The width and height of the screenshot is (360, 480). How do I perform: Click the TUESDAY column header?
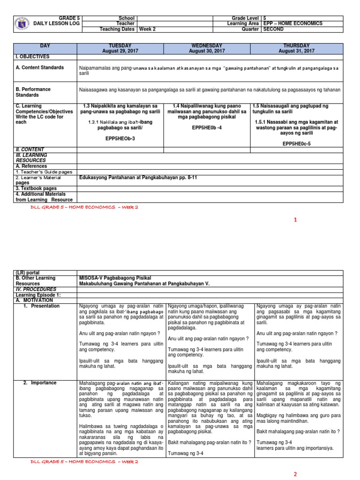(120, 48)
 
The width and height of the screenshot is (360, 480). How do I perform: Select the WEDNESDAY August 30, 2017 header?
(207, 48)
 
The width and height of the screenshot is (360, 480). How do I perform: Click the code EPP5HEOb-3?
(120, 139)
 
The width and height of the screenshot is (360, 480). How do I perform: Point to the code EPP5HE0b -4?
(207, 127)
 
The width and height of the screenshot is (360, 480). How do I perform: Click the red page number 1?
(295, 220)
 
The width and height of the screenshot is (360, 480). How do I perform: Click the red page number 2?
(295, 474)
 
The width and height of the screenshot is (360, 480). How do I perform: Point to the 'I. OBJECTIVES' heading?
(32, 56)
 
